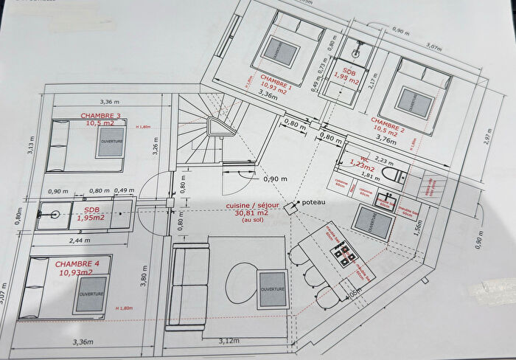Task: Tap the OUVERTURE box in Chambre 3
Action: coord(111,145)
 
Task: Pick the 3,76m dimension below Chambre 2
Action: coord(386,136)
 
